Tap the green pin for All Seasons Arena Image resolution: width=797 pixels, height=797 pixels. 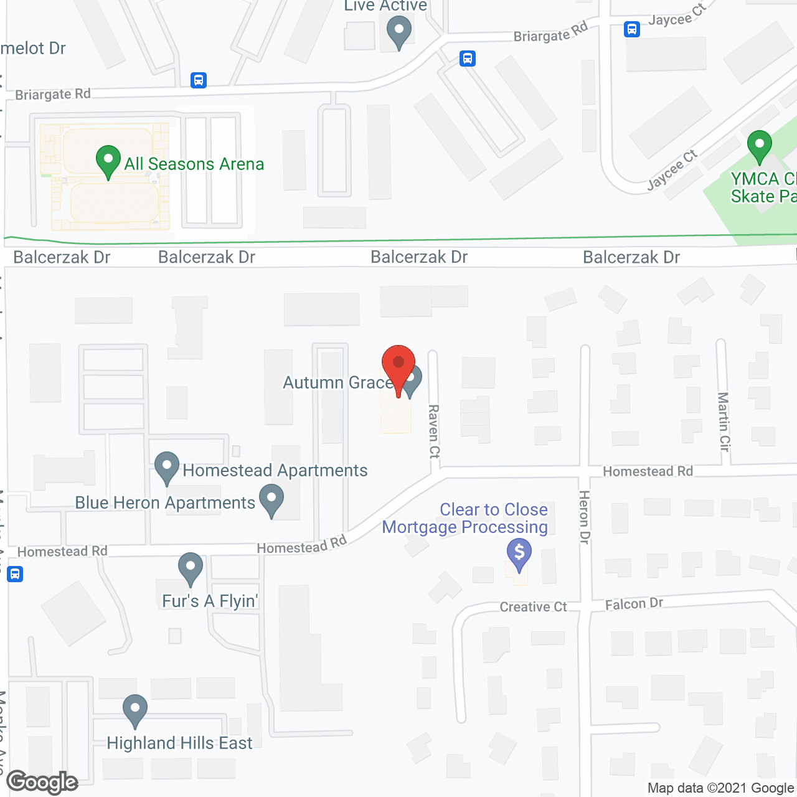[x=108, y=159]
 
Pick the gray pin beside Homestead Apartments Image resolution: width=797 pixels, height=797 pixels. [x=167, y=466]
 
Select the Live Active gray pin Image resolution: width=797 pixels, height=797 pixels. [x=398, y=31]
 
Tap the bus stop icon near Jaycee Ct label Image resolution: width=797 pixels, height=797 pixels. [x=632, y=29]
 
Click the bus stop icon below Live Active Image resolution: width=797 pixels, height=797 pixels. [x=468, y=59]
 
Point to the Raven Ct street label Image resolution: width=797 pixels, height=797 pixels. [x=434, y=432]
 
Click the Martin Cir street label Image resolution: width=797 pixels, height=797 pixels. [x=724, y=422]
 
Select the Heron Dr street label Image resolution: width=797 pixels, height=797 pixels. [x=584, y=517]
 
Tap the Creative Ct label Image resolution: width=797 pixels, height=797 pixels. [x=533, y=607]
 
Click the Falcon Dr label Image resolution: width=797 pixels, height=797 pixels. [x=634, y=603]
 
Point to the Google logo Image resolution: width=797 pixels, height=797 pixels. [x=42, y=782]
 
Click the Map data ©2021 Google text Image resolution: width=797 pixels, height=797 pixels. [x=720, y=788]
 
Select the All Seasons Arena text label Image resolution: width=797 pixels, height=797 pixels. [x=194, y=164]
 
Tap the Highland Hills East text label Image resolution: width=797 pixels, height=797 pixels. [x=179, y=743]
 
